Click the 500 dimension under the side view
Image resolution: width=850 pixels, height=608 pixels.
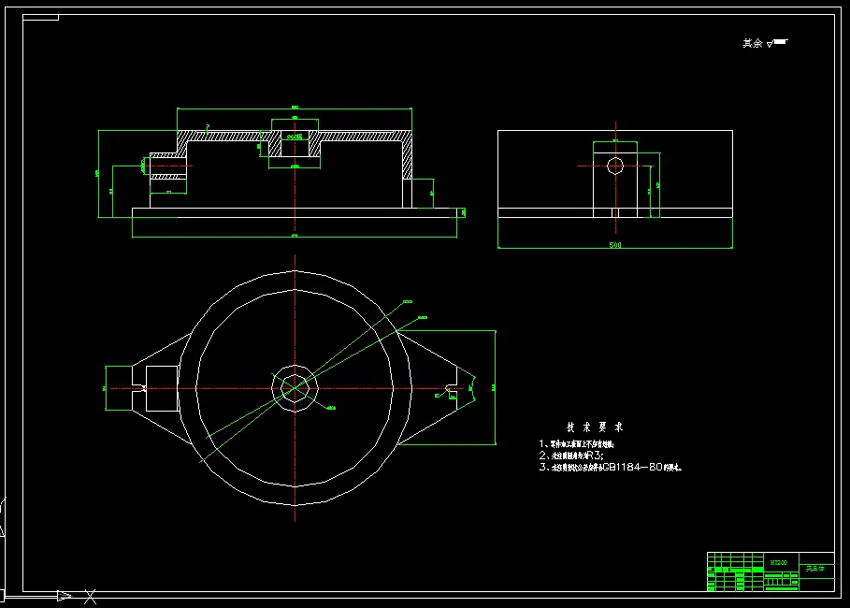(614, 245)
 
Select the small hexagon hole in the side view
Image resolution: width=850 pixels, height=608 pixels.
(614, 166)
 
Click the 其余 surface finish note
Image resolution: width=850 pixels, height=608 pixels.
(753, 43)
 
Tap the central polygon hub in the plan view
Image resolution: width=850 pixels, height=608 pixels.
(295, 387)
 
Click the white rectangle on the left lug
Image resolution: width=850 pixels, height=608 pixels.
(161, 388)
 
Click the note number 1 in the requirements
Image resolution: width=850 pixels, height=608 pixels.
(541, 443)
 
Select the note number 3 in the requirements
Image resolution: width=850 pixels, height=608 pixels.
(541, 467)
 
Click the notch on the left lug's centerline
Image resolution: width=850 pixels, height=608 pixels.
(140, 388)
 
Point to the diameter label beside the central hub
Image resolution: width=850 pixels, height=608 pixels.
(330, 408)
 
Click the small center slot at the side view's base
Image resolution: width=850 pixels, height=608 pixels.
(614, 212)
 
